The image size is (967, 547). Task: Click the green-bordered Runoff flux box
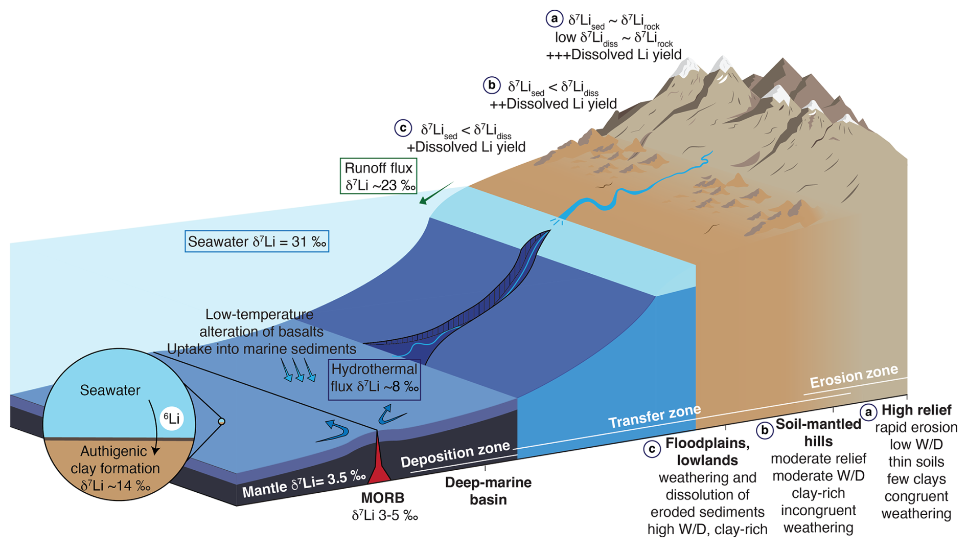tap(379, 176)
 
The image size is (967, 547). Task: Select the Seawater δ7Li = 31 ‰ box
tap(257, 242)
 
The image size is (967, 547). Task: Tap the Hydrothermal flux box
tap(374, 378)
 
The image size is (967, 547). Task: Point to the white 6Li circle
tap(172, 419)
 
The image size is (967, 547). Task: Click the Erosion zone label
tap(854, 377)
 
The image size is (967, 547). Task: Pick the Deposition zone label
tap(455, 454)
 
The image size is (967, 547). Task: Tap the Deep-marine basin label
tap(488, 491)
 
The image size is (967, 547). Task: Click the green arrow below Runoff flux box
tap(435, 193)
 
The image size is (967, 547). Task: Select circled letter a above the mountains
tap(554, 19)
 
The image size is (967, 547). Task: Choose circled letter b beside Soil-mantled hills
tap(765, 430)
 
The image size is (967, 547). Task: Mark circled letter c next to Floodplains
tap(652, 449)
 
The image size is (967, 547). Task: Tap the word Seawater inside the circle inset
tap(110, 390)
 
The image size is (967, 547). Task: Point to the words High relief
tap(916, 410)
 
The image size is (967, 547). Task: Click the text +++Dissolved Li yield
tap(613, 55)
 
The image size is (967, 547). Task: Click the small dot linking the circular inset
tap(221, 422)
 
